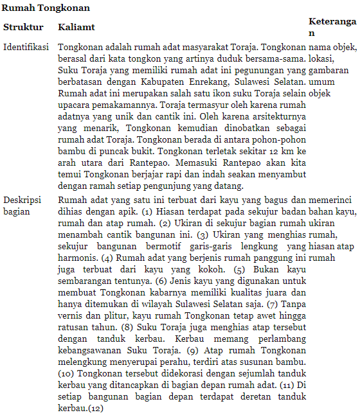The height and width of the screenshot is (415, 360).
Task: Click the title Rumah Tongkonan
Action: tap(46, 8)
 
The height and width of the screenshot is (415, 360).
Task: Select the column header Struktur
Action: tap(23, 28)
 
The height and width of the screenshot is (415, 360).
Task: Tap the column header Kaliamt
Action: tap(76, 28)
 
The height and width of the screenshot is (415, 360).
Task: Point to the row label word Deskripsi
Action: tap(22, 200)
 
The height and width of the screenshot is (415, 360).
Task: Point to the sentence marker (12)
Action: tap(96, 408)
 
